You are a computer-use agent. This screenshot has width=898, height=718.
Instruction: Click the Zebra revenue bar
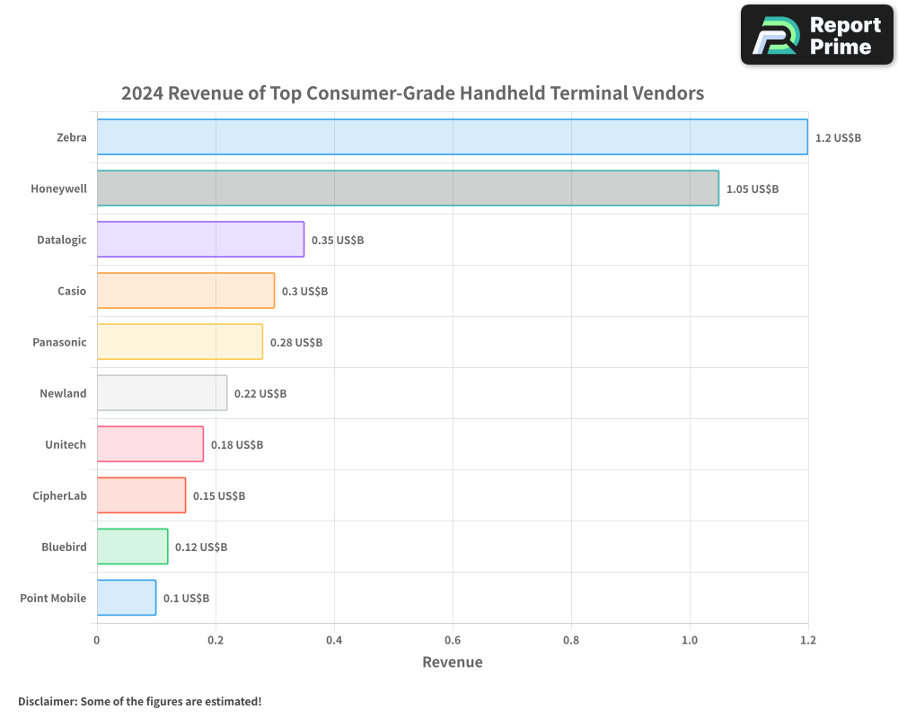coord(452,136)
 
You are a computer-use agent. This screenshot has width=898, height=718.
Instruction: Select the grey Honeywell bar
coord(408,188)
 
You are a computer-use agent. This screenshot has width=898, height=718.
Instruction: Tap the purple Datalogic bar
coord(200,239)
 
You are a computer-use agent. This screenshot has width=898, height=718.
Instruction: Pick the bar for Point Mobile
coord(127,598)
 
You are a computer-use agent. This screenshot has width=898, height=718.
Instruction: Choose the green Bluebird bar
coord(132,547)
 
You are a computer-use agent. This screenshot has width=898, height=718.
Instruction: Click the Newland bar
coord(162,393)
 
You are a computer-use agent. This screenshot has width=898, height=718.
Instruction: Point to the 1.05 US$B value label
coord(752,189)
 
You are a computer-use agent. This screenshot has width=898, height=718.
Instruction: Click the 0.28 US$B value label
coord(295,343)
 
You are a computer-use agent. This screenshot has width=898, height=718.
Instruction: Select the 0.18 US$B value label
coord(236,445)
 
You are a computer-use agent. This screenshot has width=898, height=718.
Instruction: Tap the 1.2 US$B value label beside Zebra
coord(838,138)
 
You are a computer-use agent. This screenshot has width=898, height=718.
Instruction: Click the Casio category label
coord(72,291)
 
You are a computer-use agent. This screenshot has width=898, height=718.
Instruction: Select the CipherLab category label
coord(60,495)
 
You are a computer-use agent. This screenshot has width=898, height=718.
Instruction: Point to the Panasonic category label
coord(59,342)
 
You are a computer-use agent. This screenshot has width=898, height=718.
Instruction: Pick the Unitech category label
coord(66,444)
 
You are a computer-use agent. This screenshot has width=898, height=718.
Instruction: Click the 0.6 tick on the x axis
coord(453,640)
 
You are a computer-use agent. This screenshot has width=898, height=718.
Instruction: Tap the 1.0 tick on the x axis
coord(690,640)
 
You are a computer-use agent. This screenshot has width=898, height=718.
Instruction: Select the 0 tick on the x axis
coord(97,640)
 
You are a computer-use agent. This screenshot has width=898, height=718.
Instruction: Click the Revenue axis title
coord(452,662)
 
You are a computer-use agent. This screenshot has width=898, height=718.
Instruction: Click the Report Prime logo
coord(816,35)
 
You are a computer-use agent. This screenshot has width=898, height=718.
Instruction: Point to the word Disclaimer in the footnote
coord(47,701)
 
